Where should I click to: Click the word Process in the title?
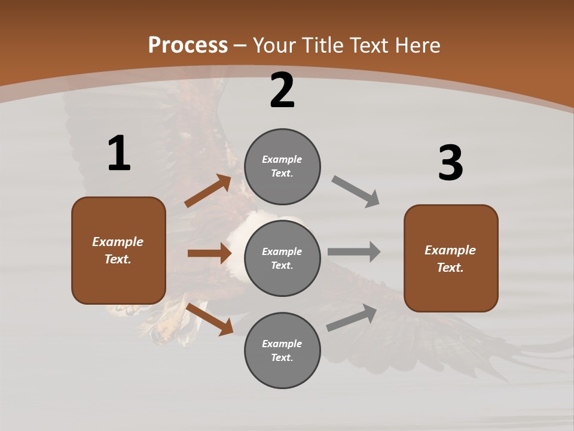click(188, 45)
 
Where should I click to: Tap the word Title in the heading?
click(320, 45)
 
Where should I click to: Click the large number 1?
click(119, 154)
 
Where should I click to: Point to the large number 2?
click(282, 91)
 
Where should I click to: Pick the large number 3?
click(450, 163)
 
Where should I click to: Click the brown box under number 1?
click(118, 250)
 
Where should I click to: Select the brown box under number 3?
click(451, 258)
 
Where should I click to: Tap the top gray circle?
click(282, 166)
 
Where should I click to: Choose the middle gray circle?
click(282, 258)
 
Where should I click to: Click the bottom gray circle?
click(282, 350)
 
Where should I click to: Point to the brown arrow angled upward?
click(208, 191)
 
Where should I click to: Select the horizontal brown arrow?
click(209, 253)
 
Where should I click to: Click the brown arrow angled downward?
click(210, 319)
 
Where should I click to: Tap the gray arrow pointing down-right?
click(356, 192)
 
